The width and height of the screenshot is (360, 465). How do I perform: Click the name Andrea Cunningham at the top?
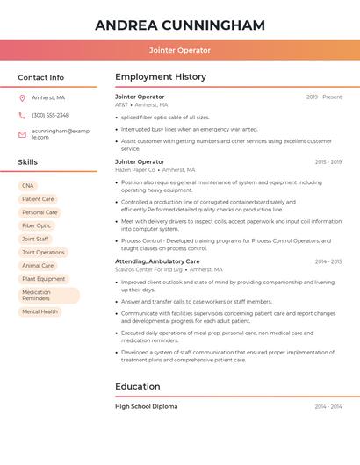coord(180,25)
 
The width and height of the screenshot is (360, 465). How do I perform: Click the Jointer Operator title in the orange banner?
coord(180,51)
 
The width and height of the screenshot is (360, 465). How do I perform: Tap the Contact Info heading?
coord(41,77)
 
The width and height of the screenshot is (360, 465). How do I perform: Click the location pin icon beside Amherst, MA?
coord(22,97)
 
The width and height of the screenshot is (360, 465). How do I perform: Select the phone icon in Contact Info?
coord(22,115)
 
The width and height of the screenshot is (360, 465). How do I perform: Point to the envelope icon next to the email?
coord(22,133)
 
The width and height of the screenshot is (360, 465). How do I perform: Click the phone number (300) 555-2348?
coord(51,115)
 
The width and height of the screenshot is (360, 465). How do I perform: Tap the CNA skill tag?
coord(28,186)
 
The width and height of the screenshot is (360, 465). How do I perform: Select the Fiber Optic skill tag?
coord(37,225)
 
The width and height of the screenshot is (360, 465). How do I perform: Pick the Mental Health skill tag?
coord(40,311)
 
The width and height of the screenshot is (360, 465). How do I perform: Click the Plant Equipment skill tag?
coord(43,279)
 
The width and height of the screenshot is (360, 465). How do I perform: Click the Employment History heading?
coord(161,77)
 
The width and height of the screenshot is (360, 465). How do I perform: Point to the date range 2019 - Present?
coord(324,97)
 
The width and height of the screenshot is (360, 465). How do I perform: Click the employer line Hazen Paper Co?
coord(133,170)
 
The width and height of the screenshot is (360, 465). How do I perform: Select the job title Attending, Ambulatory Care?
coord(157,261)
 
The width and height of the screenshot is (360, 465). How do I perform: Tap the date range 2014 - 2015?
coord(328,261)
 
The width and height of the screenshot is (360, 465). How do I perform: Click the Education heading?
coord(138,386)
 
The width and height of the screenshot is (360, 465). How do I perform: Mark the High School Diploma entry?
coord(146,406)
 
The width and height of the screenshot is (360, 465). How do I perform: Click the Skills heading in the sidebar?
coord(28,162)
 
